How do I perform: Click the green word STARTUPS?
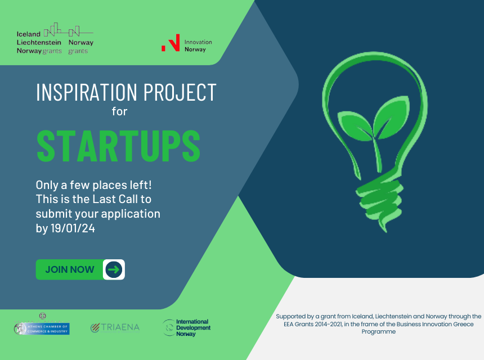pyautogui.click(x=119, y=146)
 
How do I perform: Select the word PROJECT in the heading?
pyautogui.click(x=180, y=92)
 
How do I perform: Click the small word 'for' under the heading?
pyautogui.click(x=119, y=111)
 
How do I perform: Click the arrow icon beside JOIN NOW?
pyautogui.click(x=114, y=269)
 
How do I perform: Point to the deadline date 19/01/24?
pyautogui.click(x=73, y=228)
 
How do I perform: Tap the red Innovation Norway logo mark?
pyautogui.click(x=171, y=43)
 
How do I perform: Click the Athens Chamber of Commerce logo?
pyautogui.click(x=42, y=326)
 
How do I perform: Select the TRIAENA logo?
pyautogui.click(x=115, y=327)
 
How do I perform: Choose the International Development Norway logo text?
pyautogui.click(x=193, y=327)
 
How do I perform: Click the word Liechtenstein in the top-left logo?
pyautogui.click(x=39, y=43)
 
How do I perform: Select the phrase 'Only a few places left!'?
pyautogui.click(x=93, y=185)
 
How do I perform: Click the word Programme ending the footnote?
pyautogui.click(x=378, y=332)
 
